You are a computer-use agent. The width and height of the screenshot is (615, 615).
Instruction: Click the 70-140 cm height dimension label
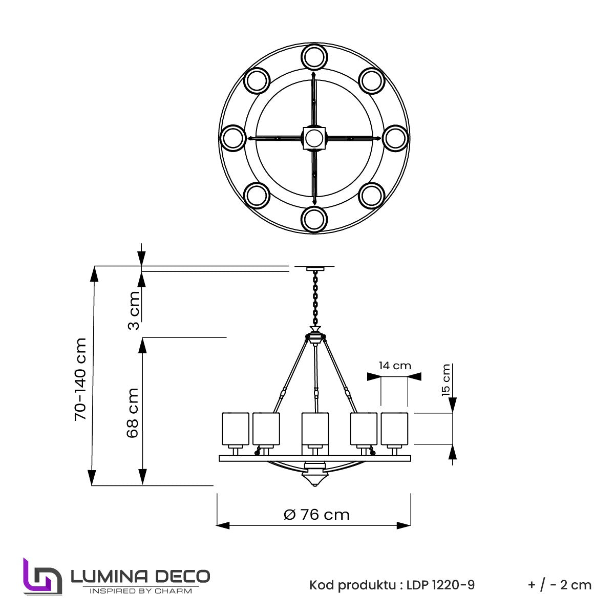(x=80, y=379)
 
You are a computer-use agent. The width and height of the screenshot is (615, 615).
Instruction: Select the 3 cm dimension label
(x=134, y=310)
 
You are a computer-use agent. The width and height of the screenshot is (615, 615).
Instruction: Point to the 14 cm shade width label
(x=395, y=366)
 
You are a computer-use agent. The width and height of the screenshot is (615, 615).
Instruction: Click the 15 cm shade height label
(x=446, y=380)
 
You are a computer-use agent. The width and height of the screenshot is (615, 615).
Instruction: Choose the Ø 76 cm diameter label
(x=316, y=515)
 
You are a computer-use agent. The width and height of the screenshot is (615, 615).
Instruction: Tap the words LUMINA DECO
(x=140, y=577)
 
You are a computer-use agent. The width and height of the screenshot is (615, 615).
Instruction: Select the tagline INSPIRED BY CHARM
(x=141, y=591)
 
